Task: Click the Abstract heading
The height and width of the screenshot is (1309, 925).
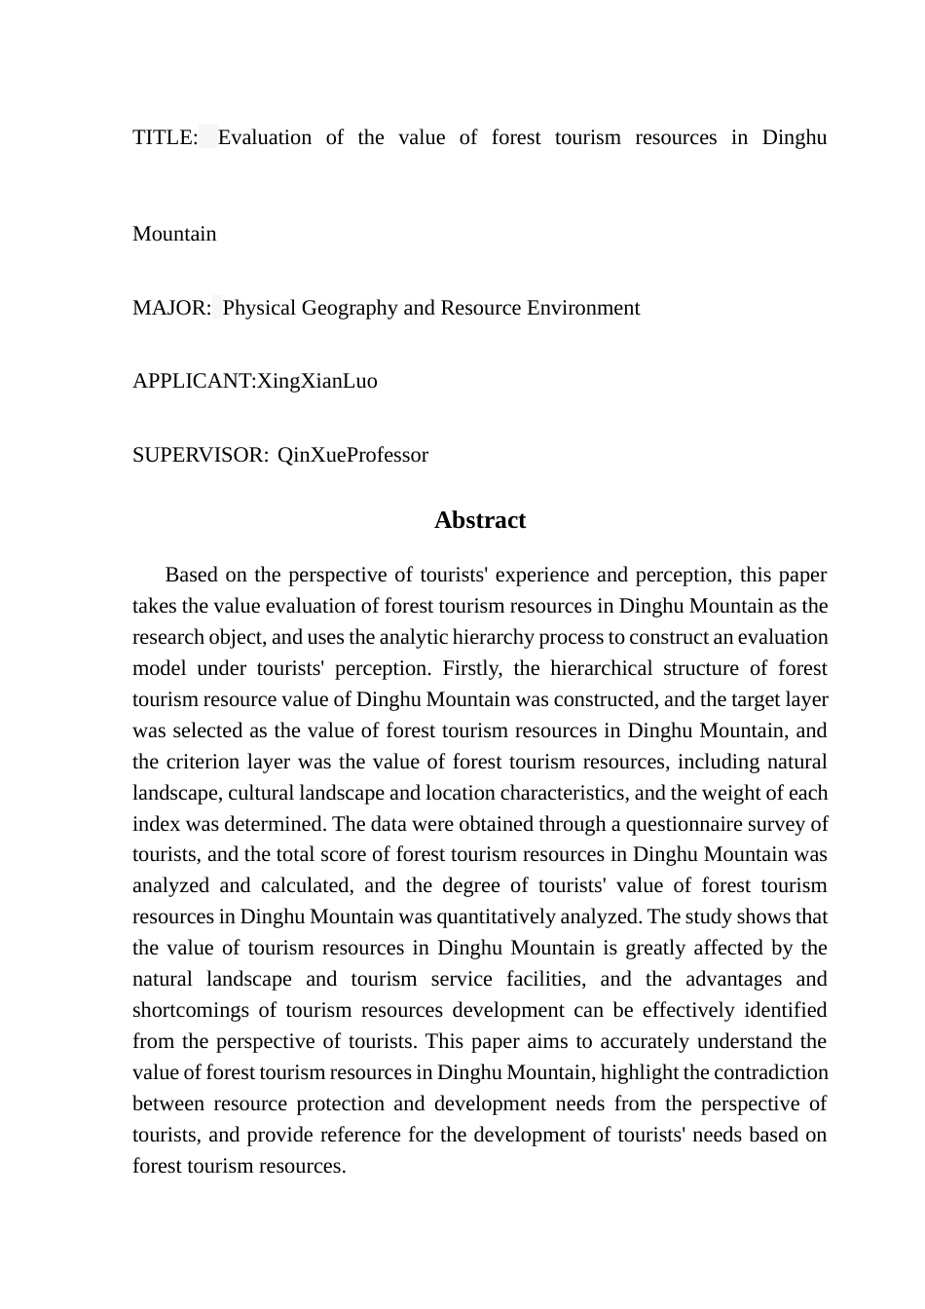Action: [x=479, y=520]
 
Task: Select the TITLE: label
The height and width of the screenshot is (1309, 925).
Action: [x=165, y=137]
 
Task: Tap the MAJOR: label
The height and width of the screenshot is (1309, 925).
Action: [x=171, y=308]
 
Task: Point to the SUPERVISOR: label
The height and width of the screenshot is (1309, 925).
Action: [x=201, y=455]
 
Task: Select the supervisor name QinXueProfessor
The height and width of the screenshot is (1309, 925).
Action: [x=352, y=455]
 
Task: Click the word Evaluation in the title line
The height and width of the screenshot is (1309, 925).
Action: [x=264, y=137]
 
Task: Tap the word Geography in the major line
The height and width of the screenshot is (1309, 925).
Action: [x=349, y=308]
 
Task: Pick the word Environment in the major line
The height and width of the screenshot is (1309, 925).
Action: [x=583, y=308]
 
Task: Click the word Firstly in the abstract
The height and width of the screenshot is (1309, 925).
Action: [x=470, y=668]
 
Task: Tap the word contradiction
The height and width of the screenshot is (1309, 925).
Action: [x=770, y=1072]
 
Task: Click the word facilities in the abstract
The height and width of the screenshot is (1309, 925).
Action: [x=546, y=979]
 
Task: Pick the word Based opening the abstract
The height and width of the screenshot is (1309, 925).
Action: [x=191, y=575]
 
